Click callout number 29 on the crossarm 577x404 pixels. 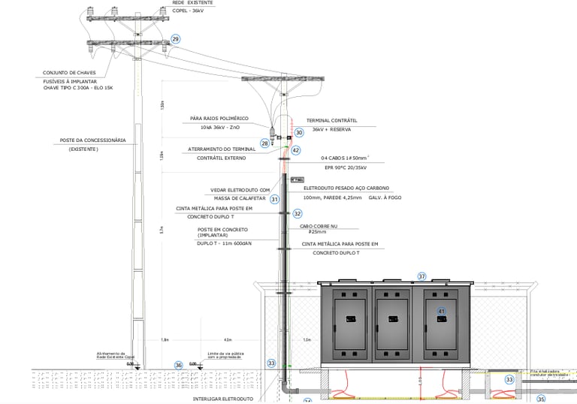[x=176, y=39]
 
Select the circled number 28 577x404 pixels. [x=265, y=143]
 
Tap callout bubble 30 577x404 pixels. [x=298, y=132]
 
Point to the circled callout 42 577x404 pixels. [x=296, y=150]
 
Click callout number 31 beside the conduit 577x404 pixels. [x=275, y=199]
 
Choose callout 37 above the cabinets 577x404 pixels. [x=421, y=276]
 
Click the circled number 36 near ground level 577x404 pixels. [x=178, y=366]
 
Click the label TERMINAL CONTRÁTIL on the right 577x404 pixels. [x=331, y=120]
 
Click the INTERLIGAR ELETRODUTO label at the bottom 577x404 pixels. [x=223, y=399]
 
